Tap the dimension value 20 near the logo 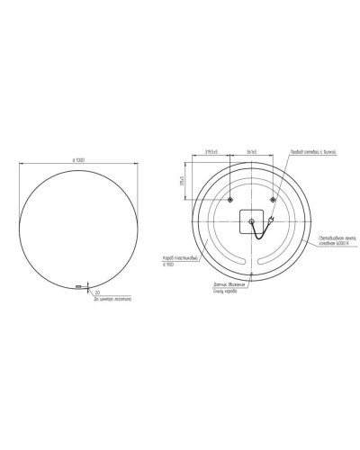pyautogui.click(x=95, y=292)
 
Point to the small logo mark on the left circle pyautogui.click(x=79, y=287)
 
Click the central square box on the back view pyautogui.click(x=251, y=221)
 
